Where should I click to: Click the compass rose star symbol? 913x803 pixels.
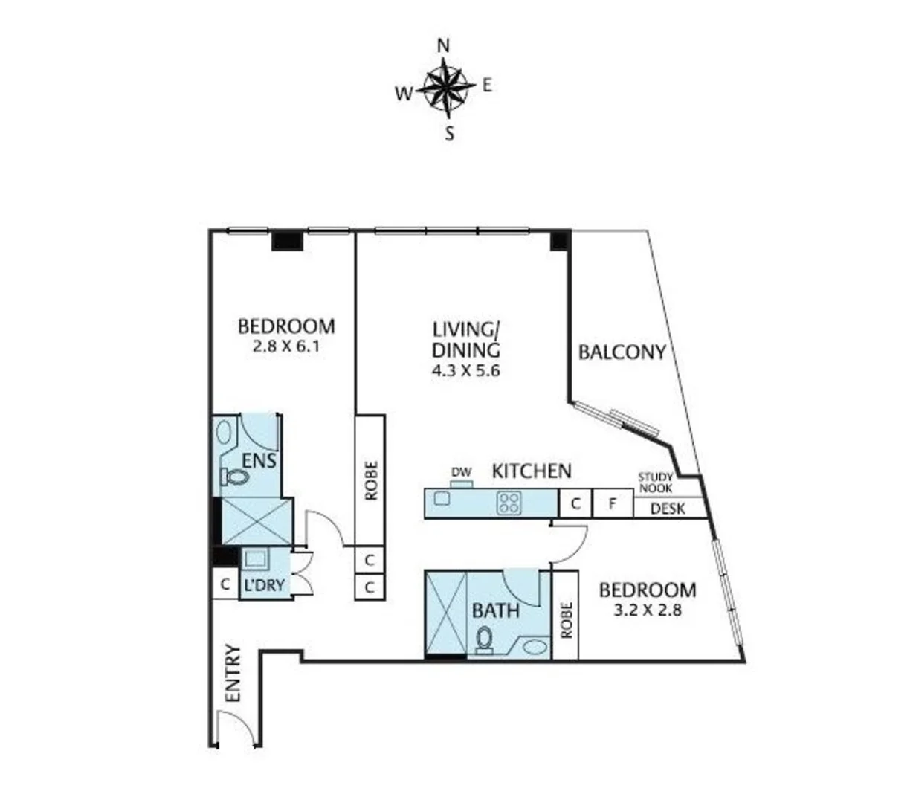[x=446, y=88]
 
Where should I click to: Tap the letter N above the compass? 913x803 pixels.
[x=444, y=46]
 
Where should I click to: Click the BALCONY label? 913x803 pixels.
[x=622, y=352]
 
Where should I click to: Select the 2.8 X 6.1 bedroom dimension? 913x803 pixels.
[x=286, y=345]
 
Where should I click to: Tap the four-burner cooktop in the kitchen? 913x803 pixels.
[x=509, y=503]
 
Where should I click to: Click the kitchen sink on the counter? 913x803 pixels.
[x=443, y=499]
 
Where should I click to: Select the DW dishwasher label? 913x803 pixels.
[x=462, y=472]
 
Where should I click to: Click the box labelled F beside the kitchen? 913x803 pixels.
[x=613, y=503]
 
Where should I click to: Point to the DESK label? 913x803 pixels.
[x=668, y=509]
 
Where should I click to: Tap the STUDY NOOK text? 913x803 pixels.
[x=655, y=483]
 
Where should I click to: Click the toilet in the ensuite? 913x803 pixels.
[x=234, y=476]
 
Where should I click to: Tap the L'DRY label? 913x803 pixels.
[x=264, y=585]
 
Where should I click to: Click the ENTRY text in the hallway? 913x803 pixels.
[x=233, y=673]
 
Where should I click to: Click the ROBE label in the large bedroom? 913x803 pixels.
[x=370, y=480]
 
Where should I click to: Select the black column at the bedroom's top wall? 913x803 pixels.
[x=287, y=239]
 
